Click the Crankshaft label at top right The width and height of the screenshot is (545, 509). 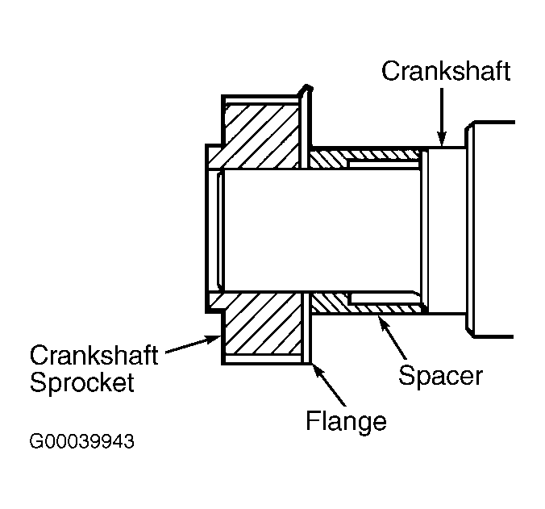pos(446,71)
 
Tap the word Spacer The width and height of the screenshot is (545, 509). pos(441,375)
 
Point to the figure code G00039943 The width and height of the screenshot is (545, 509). pos(81,442)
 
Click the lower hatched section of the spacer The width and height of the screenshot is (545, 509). pos(367,305)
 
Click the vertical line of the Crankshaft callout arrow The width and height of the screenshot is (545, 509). pos(442,113)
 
